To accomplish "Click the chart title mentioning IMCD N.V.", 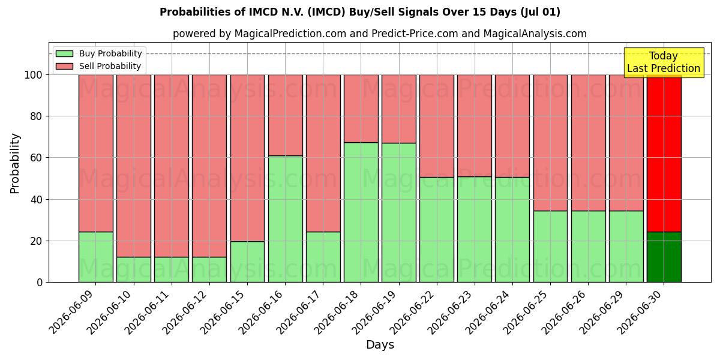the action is [x=360, y=12].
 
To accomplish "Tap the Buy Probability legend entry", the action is [x=98, y=53].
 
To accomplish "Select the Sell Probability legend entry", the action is [x=98, y=66].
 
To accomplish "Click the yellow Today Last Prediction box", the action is [x=664, y=62].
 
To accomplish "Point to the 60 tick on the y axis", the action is [x=36, y=158].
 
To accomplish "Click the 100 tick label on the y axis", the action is [x=34, y=75].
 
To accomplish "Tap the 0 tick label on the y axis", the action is [x=40, y=283].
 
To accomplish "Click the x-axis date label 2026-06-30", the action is [x=641, y=312].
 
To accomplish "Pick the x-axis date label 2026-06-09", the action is [x=73, y=312].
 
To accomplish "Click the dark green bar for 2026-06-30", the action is [x=664, y=257].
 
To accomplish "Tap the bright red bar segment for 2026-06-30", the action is [x=664, y=154].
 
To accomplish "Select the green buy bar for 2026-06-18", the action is [x=361, y=212].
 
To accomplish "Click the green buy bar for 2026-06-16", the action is [x=286, y=219].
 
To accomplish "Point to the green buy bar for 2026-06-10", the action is [x=134, y=269].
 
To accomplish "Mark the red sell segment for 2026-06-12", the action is [x=209, y=166].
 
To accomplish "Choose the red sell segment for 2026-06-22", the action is [x=437, y=126].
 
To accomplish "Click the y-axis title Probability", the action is [x=15, y=163].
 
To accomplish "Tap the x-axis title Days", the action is [x=380, y=344].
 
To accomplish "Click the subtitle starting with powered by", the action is [x=380, y=34].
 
